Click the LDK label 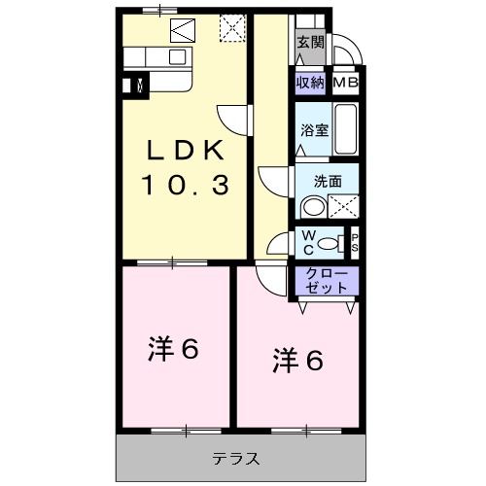coord(187,151)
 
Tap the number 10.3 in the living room coord(187,184)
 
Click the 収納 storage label coord(311,84)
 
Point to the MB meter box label coord(346,84)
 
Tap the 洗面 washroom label coord(328,180)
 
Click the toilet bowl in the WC coord(330,243)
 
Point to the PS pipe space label coord(355,243)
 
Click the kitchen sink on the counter coord(177,55)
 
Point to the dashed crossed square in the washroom coord(342,206)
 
